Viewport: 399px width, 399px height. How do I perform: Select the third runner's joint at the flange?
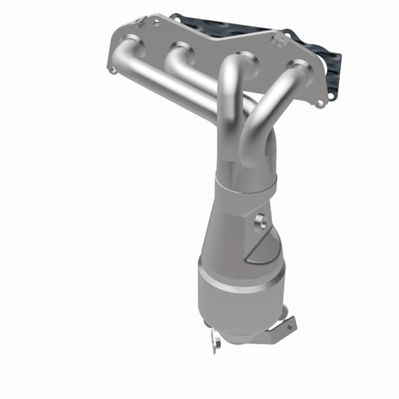(239, 62)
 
